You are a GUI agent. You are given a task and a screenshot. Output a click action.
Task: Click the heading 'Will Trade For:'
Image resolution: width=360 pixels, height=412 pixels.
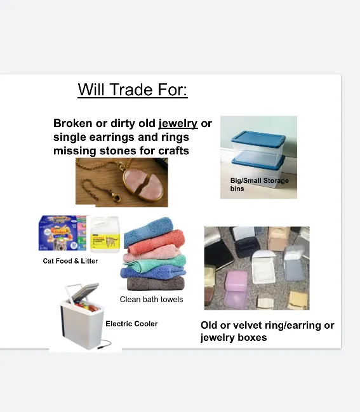133,90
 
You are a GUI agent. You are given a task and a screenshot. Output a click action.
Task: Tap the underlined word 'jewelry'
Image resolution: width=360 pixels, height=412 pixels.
178,123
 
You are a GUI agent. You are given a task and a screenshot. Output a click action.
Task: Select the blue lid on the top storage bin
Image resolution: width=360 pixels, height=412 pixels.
257,138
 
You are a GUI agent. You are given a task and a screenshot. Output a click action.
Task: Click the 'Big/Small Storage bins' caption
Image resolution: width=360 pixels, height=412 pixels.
258,185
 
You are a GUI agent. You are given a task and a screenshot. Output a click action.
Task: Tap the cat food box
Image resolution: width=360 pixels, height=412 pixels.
62,233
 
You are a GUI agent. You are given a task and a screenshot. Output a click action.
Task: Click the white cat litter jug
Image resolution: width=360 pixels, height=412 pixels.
105,236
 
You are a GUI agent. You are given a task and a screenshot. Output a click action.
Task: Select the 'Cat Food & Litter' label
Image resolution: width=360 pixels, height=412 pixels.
70,261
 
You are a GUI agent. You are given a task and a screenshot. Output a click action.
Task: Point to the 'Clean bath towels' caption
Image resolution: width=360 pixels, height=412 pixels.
151,300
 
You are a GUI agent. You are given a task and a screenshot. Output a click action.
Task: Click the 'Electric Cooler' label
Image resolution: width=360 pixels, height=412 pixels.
131,324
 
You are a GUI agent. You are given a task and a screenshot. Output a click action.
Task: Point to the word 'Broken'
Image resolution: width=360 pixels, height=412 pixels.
72,123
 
